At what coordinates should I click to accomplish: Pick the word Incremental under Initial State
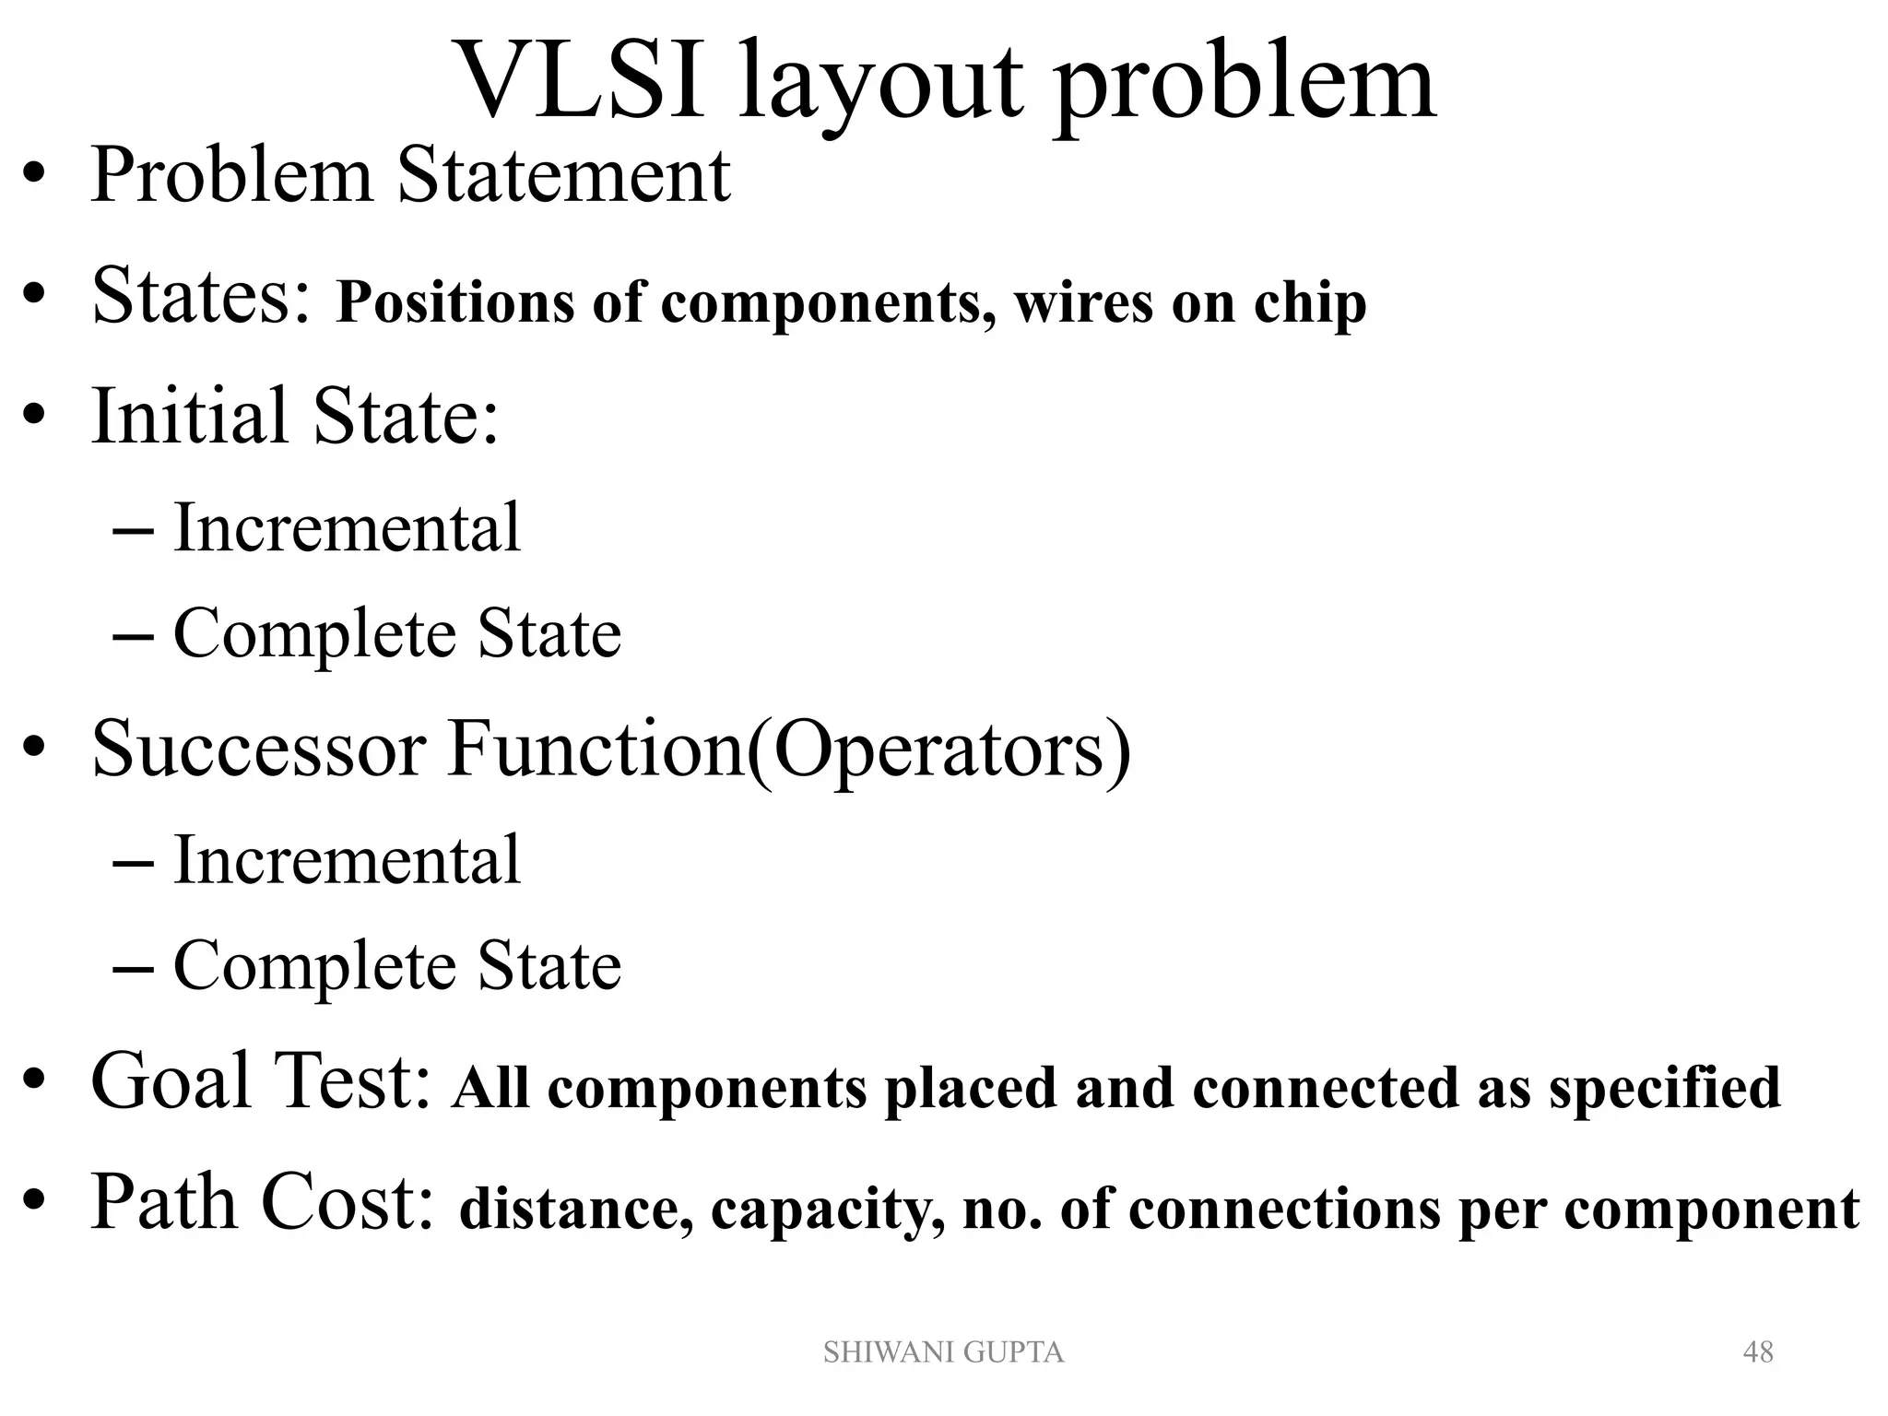click(347, 527)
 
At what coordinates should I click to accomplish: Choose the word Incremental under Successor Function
click(347, 859)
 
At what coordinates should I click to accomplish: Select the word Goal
click(171, 1080)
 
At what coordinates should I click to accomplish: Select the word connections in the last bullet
click(1283, 1209)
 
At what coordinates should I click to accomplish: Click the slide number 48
click(1758, 1352)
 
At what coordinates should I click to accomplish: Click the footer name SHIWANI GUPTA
click(943, 1352)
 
